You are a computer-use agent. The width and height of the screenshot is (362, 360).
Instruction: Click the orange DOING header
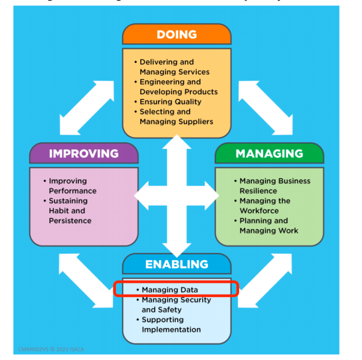(176, 34)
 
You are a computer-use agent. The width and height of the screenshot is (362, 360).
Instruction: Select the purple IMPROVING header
(83, 153)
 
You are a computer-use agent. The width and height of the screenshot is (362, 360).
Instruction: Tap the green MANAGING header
(269, 153)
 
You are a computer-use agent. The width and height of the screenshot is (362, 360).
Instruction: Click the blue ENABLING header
(176, 264)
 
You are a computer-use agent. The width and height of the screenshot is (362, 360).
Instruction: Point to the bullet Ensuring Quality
(170, 101)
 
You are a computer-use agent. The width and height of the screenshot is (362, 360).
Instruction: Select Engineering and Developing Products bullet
(178, 87)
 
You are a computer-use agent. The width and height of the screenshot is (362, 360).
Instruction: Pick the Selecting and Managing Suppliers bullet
(176, 116)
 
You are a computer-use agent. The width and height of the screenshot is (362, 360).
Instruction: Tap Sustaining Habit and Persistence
(69, 210)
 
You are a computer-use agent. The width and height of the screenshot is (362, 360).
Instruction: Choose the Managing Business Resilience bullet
(274, 186)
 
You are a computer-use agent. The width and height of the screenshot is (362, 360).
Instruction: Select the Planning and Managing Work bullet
(268, 225)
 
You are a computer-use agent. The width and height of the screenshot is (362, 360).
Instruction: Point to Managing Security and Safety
(176, 304)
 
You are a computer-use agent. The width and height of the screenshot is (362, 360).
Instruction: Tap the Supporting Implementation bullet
(171, 324)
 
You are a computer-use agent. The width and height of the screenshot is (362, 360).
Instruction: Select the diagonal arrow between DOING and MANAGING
(265, 107)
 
